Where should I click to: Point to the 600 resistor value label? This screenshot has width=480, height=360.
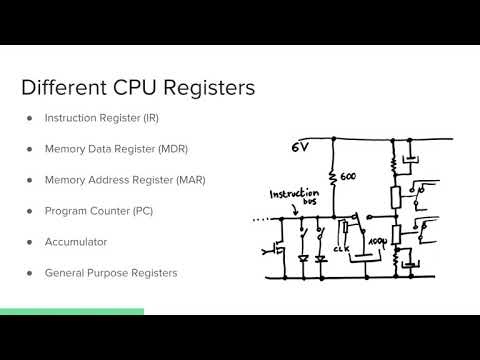(348, 177)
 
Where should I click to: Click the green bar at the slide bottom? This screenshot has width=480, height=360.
(71, 311)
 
